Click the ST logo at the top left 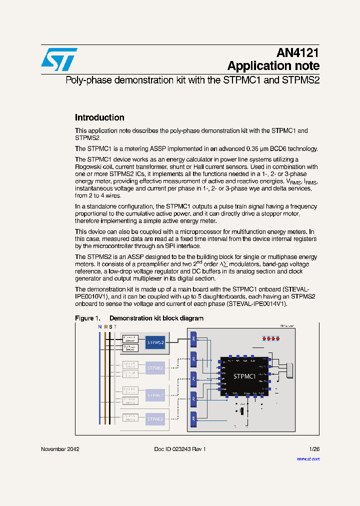[x=59, y=59]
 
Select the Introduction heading [x=99, y=118]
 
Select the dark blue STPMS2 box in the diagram [x=155, y=343]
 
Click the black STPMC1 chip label [x=244, y=376]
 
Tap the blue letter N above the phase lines [x=99, y=326]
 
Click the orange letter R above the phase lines [x=105, y=326]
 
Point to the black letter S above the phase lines [x=110, y=326]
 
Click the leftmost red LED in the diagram [x=262, y=338]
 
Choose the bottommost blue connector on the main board [x=193, y=419]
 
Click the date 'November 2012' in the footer [x=60, y=449]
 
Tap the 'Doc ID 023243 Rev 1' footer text [x=180, y=449]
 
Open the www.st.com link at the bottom [x=308, y=458]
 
